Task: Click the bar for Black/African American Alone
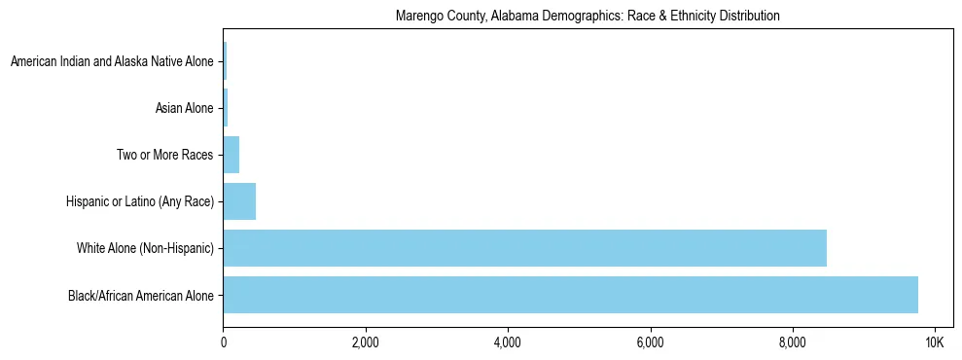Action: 570,295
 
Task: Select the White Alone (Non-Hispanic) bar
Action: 524,248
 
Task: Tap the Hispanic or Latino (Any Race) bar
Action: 239,201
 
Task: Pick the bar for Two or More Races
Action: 232,155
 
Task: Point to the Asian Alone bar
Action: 226,108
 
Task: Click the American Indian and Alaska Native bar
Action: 225,61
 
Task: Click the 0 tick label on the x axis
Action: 224,343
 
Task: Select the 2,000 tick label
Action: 366,343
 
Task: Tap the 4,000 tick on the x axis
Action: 508,343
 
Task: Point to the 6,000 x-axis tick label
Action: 650,343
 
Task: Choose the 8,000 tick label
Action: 792,343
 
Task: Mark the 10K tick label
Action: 934,343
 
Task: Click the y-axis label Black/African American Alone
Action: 140,295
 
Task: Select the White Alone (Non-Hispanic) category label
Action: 145,248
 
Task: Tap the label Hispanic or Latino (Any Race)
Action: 139,201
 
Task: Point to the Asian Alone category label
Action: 184,108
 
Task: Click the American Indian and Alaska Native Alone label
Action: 112,61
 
